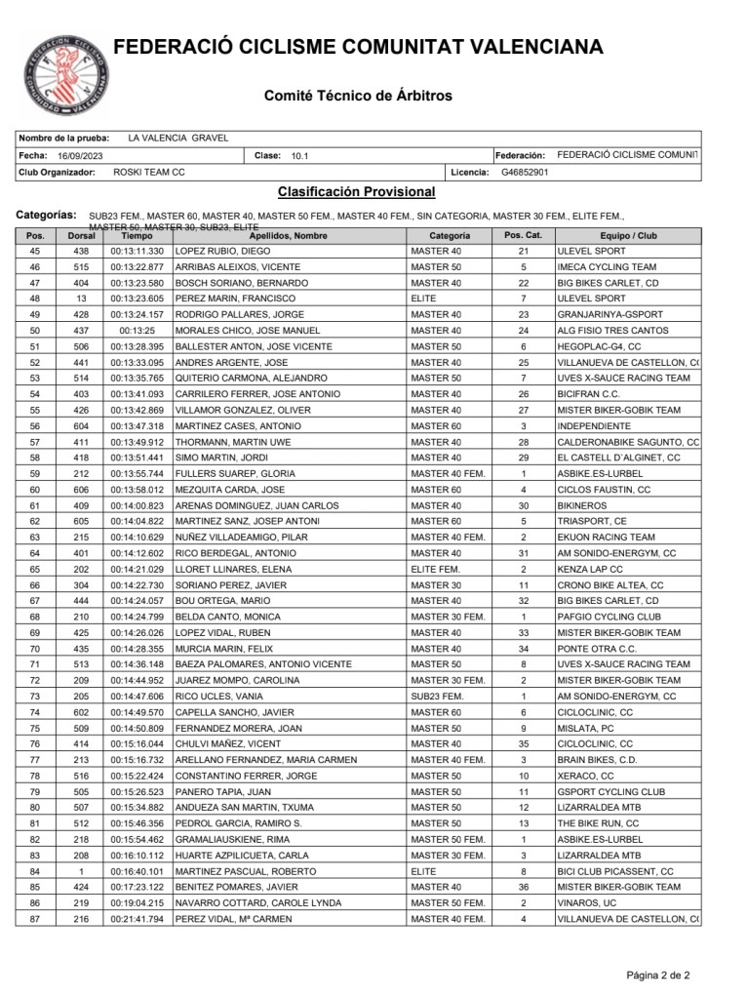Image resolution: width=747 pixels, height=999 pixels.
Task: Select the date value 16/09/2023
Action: (80, 155)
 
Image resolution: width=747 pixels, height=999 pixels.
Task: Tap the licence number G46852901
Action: (524, 172)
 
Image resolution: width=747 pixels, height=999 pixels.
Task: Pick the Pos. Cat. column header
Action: (523, 235)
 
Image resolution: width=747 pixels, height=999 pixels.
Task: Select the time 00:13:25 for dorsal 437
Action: (137, 331)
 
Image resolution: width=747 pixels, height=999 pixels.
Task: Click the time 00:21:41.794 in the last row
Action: (137, 918)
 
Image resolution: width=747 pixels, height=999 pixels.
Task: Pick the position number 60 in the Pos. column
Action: (35, 489)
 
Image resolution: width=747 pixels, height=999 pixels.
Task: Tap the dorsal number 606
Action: (81, 489)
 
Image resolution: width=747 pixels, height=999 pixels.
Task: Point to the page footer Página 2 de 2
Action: (657, 975)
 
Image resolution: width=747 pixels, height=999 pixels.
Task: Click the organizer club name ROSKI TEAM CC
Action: (149, 172)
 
